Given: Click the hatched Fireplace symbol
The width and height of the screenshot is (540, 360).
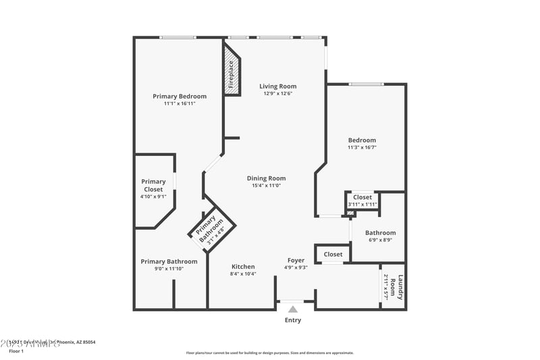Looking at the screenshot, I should tap(232, 74).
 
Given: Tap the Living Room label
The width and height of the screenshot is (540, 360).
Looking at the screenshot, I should tap(278, 86).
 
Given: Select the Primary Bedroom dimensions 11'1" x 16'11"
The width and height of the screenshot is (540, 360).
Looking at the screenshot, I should tap(180, 104).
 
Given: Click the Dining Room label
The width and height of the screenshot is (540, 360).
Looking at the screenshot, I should tap(267, 178).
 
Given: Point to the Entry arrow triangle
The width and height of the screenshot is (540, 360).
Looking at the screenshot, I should tap(293, 309).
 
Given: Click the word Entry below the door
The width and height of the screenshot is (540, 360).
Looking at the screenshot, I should tap(293, 320).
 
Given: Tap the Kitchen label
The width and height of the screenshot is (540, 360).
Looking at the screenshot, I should tap(243, 267).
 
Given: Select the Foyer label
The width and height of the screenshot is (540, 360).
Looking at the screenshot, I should tap(296, 260).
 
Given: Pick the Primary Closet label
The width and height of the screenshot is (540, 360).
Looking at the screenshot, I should tap(153, 185).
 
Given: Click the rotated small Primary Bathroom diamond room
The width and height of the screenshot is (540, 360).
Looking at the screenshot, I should tap(211, 230).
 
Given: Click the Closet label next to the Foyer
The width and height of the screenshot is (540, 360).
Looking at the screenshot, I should tap(333, 255).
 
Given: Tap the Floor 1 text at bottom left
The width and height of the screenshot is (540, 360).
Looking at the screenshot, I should tap(16, 351).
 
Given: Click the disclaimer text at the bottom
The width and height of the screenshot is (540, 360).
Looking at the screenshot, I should tap(269, 353).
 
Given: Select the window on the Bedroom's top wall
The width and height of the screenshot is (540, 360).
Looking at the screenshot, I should tap(366, 84).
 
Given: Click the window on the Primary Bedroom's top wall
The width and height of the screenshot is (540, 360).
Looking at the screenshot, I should tap(178, 38).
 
